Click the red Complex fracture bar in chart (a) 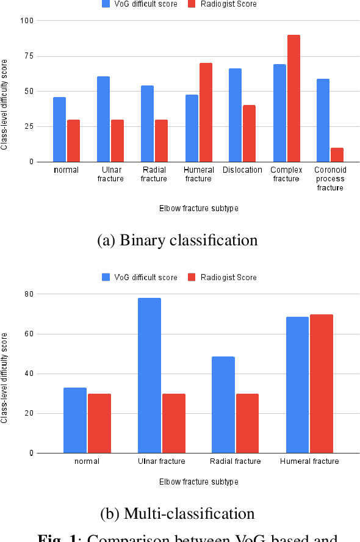293,98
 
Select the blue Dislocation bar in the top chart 235,115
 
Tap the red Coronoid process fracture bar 337,154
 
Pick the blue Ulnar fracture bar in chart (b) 149,375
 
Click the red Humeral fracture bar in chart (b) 321,384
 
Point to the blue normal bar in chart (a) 59,129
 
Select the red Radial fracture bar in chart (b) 247,424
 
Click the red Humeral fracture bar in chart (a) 206,112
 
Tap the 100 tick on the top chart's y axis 26,21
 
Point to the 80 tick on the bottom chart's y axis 28,294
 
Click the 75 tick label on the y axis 28,56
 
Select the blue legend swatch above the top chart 105,4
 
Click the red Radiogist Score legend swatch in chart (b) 190,277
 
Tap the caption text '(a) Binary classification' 178,240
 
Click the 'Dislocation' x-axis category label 242,170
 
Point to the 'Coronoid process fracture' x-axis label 330,179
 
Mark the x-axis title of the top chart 198,208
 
